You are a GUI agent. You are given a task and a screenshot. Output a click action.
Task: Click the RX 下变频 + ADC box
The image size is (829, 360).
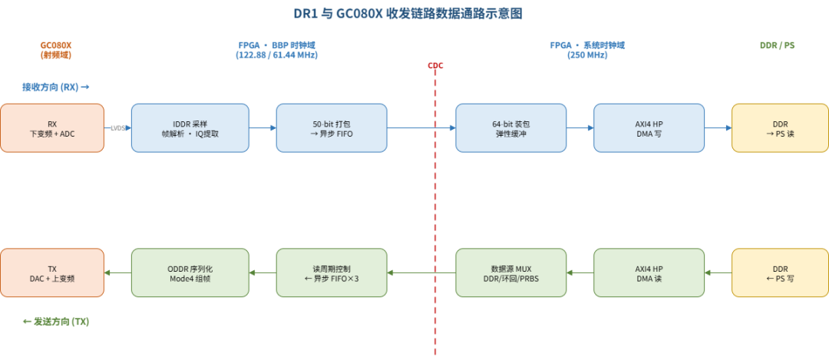pos(52,128)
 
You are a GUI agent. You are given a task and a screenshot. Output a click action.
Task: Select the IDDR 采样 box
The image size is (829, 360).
pos(190,128)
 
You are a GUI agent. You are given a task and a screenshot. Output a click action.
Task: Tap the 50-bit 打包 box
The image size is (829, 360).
pos(332,128)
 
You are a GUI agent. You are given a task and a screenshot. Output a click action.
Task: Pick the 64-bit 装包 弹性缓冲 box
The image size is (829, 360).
pos(510,128)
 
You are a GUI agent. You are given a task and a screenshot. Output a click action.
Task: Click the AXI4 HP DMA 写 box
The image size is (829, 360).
pos(649,128)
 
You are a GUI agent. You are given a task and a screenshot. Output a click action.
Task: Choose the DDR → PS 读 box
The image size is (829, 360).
pos(780,128)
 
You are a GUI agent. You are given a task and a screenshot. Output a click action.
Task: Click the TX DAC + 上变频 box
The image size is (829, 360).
pos(52,272)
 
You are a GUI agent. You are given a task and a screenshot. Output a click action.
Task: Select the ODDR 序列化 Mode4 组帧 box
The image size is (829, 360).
pos(190,272)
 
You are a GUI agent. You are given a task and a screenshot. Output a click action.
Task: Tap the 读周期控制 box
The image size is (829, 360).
pos(332,272)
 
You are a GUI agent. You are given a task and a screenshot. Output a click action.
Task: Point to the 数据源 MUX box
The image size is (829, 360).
pos(510,272)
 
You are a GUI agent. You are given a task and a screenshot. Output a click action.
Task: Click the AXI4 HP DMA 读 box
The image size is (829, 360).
pos(649,272)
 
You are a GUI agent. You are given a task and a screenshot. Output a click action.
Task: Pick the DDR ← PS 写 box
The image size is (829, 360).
pos(780,272)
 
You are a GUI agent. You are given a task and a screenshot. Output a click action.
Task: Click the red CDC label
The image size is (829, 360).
pos(435,65)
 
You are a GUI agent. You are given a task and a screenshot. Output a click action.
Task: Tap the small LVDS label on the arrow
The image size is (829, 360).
pos(118,128)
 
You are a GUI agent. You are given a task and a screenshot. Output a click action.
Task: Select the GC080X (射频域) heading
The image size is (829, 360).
pos(55,50)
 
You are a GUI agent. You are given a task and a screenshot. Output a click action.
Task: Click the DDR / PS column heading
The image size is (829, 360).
pos(777,45)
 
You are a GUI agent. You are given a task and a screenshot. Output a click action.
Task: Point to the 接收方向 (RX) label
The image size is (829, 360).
pos(55,88)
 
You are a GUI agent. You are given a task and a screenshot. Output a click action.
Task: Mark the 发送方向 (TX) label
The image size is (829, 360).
pos(56,322)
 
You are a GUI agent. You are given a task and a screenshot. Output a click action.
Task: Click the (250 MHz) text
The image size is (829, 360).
pos(587,55)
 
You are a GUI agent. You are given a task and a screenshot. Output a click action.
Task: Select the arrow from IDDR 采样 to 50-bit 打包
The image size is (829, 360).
pos(263,128)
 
